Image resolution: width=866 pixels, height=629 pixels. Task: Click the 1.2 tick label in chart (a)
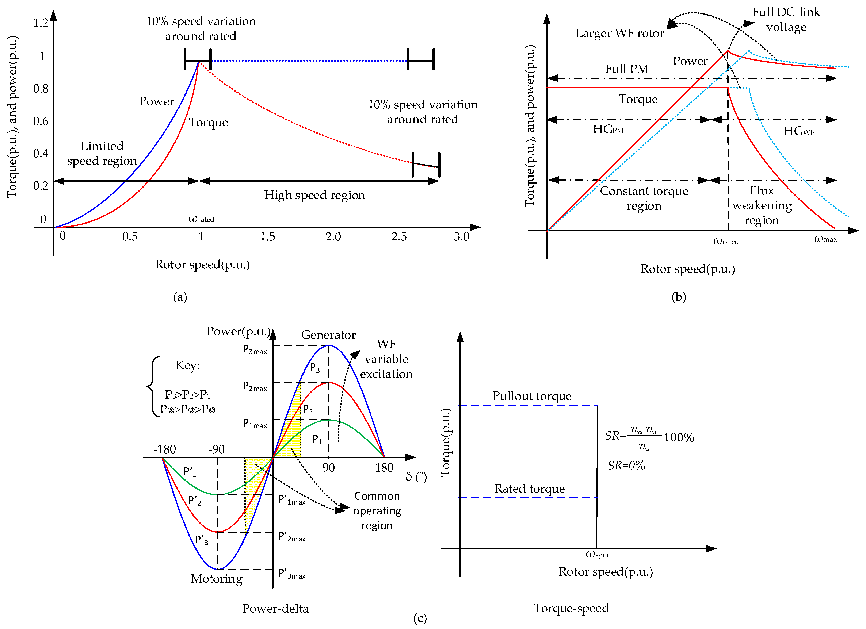tap(41, 23)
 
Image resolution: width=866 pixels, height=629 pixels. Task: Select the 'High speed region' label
tap(314, 195)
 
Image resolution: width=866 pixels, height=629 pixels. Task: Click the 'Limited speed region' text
tap(102, 153)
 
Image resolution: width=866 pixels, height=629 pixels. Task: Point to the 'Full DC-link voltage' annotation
tap(786, 19)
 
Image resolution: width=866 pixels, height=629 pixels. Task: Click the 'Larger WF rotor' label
tap(619, 34)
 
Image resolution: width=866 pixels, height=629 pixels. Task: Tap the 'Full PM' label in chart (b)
tap(627, 69)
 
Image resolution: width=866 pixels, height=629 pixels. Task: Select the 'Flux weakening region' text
tap(762, 205)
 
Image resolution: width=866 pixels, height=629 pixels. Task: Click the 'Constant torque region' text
tap(644, 198)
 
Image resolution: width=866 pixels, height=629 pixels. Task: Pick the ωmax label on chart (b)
tap(825, 239)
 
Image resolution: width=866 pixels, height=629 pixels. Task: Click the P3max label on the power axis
tap(255, 350)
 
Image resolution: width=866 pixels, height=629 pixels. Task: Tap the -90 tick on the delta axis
tap(217, 449)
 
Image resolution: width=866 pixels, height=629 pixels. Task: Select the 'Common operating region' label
tap(377, 511)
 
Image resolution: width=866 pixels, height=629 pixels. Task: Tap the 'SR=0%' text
tap(626, 466)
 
